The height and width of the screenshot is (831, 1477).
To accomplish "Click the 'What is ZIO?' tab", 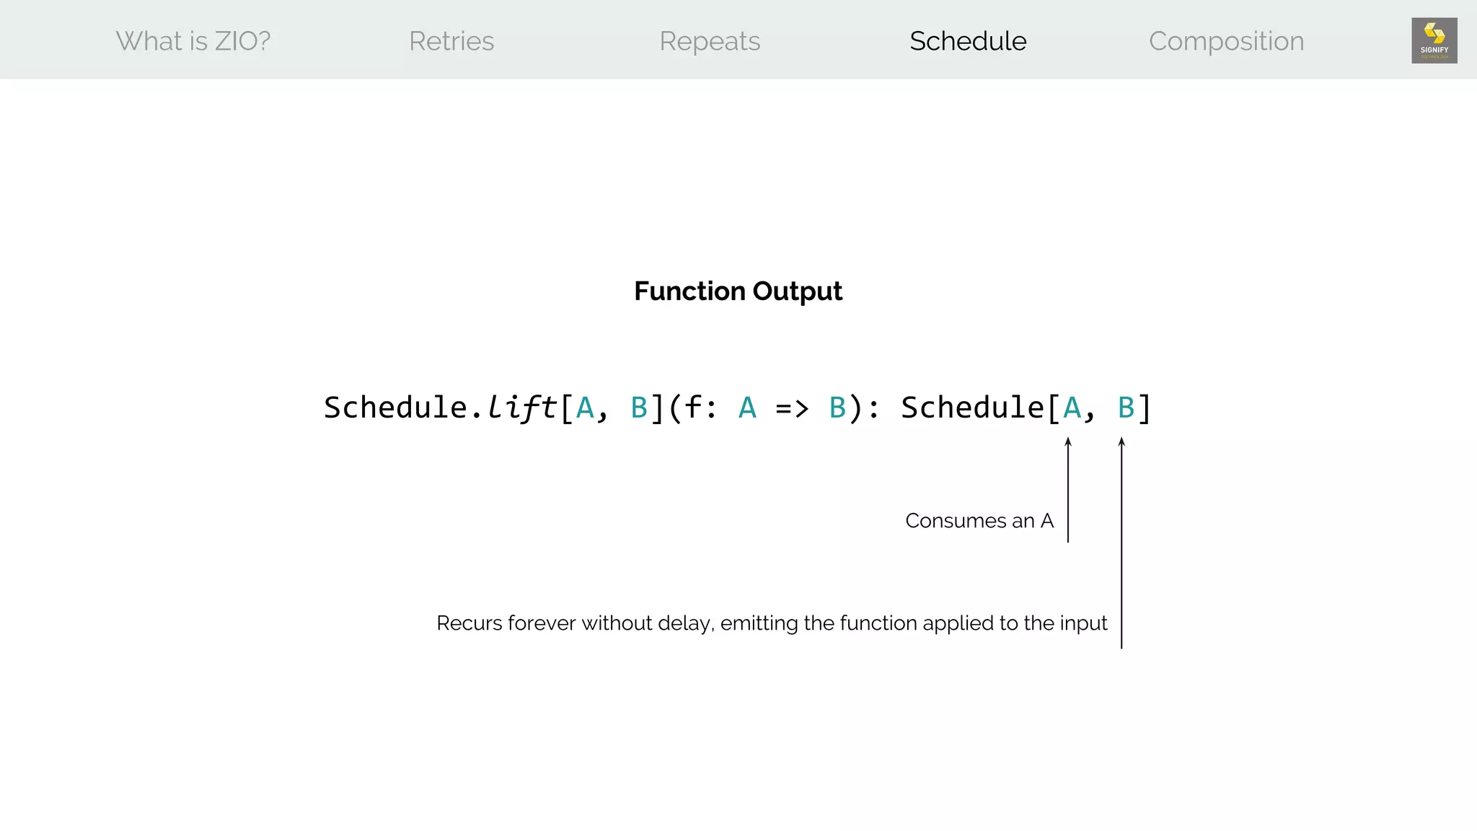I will pos(193,41).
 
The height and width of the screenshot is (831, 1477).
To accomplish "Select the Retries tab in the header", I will pos(451,41).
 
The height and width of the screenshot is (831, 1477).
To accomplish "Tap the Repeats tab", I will pos(710,41).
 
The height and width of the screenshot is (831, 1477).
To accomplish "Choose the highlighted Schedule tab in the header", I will pos(968,41).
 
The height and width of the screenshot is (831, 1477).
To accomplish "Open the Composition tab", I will pos(1226,41).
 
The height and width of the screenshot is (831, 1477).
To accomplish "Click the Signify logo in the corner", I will pos(1434,40).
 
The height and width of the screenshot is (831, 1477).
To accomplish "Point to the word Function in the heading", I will pos(689,291).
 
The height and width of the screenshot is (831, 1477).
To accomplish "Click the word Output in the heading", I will pos(797,291).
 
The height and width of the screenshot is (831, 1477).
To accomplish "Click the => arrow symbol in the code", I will pos(792,408).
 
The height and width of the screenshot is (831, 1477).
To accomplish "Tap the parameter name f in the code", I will pos(693,408).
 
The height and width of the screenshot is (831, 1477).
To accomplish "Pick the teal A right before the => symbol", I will pos(747,408).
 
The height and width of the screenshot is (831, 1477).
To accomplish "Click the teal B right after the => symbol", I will pos(837,408).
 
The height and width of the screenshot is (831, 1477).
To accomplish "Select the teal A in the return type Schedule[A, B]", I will pos(1072,408).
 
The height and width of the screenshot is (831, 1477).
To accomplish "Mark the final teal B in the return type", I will pos(1126,408).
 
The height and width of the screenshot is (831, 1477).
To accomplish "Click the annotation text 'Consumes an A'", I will pos(979,521).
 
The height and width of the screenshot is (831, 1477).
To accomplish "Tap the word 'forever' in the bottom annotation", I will pos(542,623).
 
